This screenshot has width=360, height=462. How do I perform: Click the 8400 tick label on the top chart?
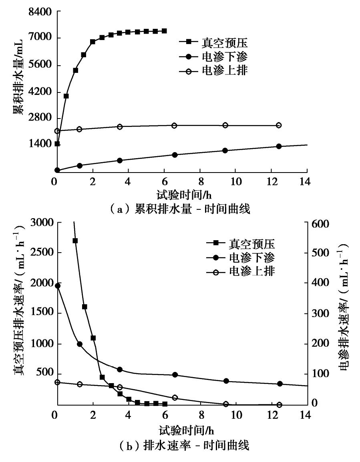(x=40, y=12)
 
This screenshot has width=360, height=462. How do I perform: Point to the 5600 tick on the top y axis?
(x=40, y=66)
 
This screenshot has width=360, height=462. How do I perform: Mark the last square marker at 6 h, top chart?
(x=164, y=31)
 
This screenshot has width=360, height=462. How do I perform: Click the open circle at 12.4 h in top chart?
(x=279, y=125)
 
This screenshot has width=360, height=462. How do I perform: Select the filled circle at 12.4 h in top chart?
(x=279, y=147)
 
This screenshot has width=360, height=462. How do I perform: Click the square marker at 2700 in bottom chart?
(x=75, y=241)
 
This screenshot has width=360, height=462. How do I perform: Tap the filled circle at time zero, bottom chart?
(x=58, y=286)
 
